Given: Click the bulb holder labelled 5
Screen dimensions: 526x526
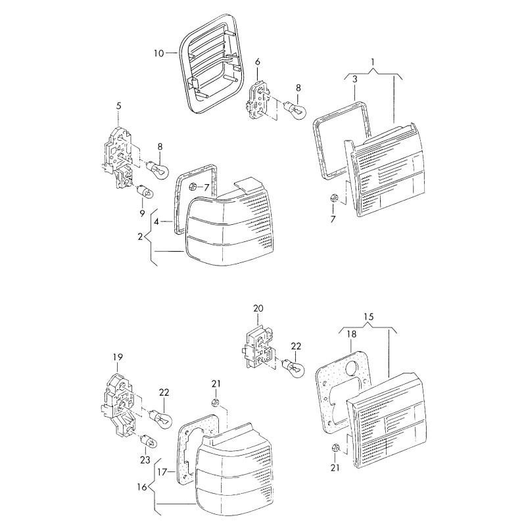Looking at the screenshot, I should point(119,155).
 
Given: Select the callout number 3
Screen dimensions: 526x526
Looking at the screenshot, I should point(354,79).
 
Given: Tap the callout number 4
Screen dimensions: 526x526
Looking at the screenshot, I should point(156,222).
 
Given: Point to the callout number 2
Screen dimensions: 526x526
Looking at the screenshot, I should point(140,236).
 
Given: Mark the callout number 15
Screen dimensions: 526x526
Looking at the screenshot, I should point(368,317).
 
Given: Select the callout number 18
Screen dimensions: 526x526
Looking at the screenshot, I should point(351,335).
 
